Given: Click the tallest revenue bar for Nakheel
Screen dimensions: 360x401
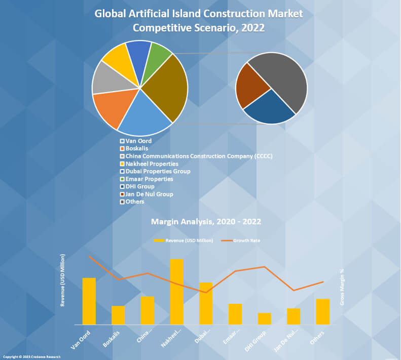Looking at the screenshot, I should pos(176,292).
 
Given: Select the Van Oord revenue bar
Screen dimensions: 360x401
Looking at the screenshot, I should pos(89,301).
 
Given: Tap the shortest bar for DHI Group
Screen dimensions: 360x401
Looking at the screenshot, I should pos(264,318).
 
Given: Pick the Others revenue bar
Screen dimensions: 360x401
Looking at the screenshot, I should pos(322,311).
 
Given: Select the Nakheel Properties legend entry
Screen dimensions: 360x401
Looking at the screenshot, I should pos(152,164).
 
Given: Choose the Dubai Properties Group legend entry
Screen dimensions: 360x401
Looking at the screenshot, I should pos(158,171).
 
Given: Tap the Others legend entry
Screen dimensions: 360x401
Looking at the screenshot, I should pos(135,202).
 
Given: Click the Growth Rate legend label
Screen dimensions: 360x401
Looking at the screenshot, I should pos(246,240).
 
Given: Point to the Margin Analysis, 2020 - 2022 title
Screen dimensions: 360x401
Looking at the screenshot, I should pos(206,222).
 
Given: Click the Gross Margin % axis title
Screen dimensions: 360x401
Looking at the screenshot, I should pos(343,287).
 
